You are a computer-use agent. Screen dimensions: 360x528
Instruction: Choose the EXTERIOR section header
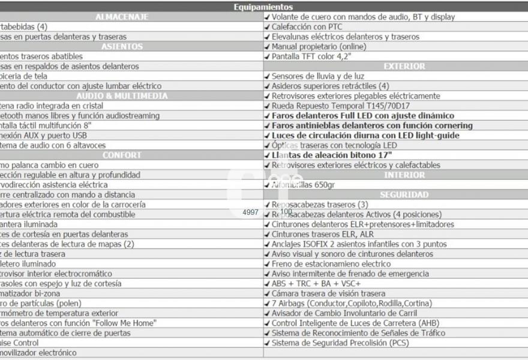coord(395,66)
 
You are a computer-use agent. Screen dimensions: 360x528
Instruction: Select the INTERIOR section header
coord(395,175)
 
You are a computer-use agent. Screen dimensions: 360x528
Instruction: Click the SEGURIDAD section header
coord(395,194)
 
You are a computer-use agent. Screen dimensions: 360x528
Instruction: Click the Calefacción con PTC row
coord(307,27)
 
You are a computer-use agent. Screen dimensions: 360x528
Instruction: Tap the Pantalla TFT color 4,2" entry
coord(311,56)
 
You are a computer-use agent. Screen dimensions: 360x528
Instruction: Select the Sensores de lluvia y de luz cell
coord(318,76)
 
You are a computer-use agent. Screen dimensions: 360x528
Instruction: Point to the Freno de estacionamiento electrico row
coord(331,263)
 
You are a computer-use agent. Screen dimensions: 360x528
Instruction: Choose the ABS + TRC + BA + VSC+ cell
coord(316,283)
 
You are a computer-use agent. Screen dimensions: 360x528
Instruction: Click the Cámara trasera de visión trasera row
coord(328,293)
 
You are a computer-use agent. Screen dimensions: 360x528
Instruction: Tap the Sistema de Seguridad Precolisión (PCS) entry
coord(340,343)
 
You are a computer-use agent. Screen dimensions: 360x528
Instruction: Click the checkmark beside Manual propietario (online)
coord(268,47)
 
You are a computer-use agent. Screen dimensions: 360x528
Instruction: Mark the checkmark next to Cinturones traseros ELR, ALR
coord(268,234)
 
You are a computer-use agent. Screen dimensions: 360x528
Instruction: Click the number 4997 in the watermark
coord(251,212)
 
